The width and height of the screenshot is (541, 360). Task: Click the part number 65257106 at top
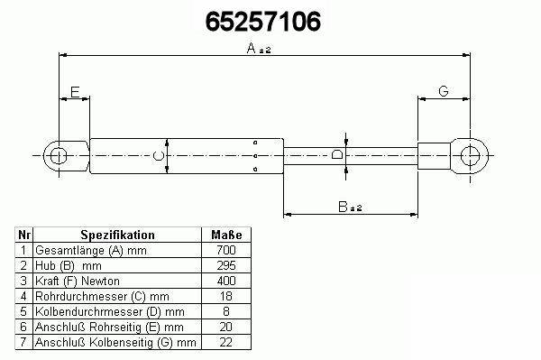click(263, 22)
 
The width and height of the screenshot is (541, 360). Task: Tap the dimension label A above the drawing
click(252, 48)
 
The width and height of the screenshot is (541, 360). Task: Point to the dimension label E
click(75, 92)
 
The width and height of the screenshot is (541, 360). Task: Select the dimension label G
click(444, 91)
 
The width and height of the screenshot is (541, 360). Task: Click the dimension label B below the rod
click(343, 207)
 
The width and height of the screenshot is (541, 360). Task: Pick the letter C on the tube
click(158, 156)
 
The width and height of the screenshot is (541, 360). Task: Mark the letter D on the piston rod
click(337, 154)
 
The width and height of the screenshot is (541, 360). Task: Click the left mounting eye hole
click(58, 156)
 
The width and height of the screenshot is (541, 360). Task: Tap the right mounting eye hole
click(470, 156)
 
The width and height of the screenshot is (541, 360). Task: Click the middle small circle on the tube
click(255, 156)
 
